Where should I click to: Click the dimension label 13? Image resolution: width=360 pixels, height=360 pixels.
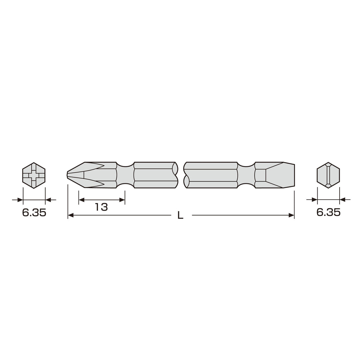(x=101, y=207)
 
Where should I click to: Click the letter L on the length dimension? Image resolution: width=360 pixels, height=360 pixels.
(x=180, y=215)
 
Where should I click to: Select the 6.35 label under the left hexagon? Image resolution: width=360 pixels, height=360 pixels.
(x=34, y=213)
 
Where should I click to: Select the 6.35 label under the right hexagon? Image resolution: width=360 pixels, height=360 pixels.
(x=328, y=212)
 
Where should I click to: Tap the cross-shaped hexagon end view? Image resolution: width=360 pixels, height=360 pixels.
(x=34, y=175)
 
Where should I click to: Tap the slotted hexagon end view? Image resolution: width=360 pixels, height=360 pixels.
(x=328, y=175)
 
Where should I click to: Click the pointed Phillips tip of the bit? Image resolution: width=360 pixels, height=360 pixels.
(x=67, y=175)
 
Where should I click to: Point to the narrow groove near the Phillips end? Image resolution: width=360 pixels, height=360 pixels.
(x=125, y=175)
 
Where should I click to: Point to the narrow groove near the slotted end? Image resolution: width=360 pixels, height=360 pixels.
(x=246, y=175)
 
